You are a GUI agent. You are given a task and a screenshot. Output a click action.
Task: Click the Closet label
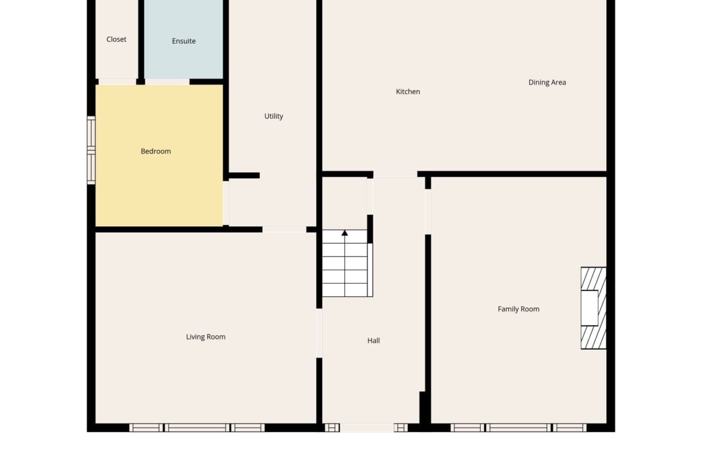pos(116,40)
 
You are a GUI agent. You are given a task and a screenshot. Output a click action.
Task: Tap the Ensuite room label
pos(184,41)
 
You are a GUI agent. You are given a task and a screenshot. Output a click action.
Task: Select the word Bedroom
pos(156,151)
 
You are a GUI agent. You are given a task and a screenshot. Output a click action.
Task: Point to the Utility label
pos(274,116)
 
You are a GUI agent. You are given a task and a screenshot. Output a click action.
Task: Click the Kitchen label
pos(408,92)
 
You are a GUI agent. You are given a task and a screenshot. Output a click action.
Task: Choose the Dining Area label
pos(547,82)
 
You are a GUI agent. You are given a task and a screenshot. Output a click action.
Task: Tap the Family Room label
pos(518,309)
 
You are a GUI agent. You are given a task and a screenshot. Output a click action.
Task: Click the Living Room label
pos(206,337)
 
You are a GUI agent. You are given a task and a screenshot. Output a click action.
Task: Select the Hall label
pos(373,341)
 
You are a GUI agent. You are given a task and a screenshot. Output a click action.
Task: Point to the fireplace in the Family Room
pos(593,308)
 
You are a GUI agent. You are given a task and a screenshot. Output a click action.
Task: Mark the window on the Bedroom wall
pos(91,150)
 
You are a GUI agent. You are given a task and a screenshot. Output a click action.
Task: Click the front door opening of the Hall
pos(367,428)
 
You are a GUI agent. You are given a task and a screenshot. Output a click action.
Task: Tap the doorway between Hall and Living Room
pos(319,333)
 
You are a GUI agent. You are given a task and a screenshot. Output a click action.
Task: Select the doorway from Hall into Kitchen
pos(395,174)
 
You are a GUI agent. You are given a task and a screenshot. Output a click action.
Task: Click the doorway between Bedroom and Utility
pos(226,203)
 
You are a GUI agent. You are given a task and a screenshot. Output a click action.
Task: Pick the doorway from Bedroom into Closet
pos(117,82)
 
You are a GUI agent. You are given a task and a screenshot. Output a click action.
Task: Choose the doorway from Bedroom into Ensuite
pos(167,82)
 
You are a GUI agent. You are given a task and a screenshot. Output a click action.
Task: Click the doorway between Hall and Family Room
pos(428,212)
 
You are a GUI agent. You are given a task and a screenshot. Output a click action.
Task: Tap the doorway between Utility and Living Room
pos(284,230)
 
